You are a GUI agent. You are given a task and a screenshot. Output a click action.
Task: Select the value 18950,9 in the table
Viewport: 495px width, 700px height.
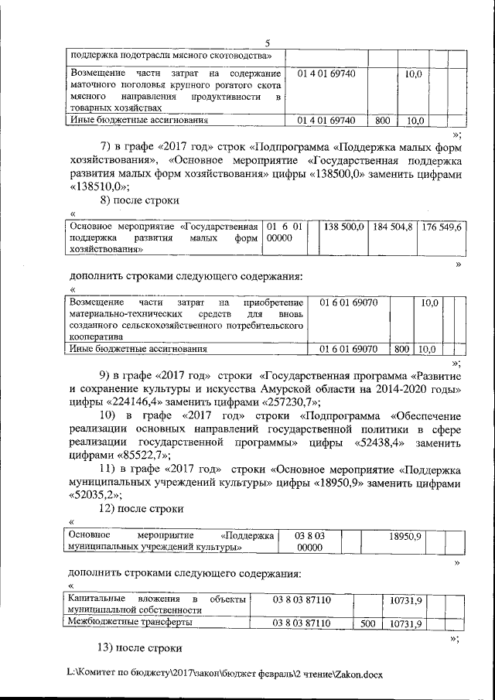tap(403, 535)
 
